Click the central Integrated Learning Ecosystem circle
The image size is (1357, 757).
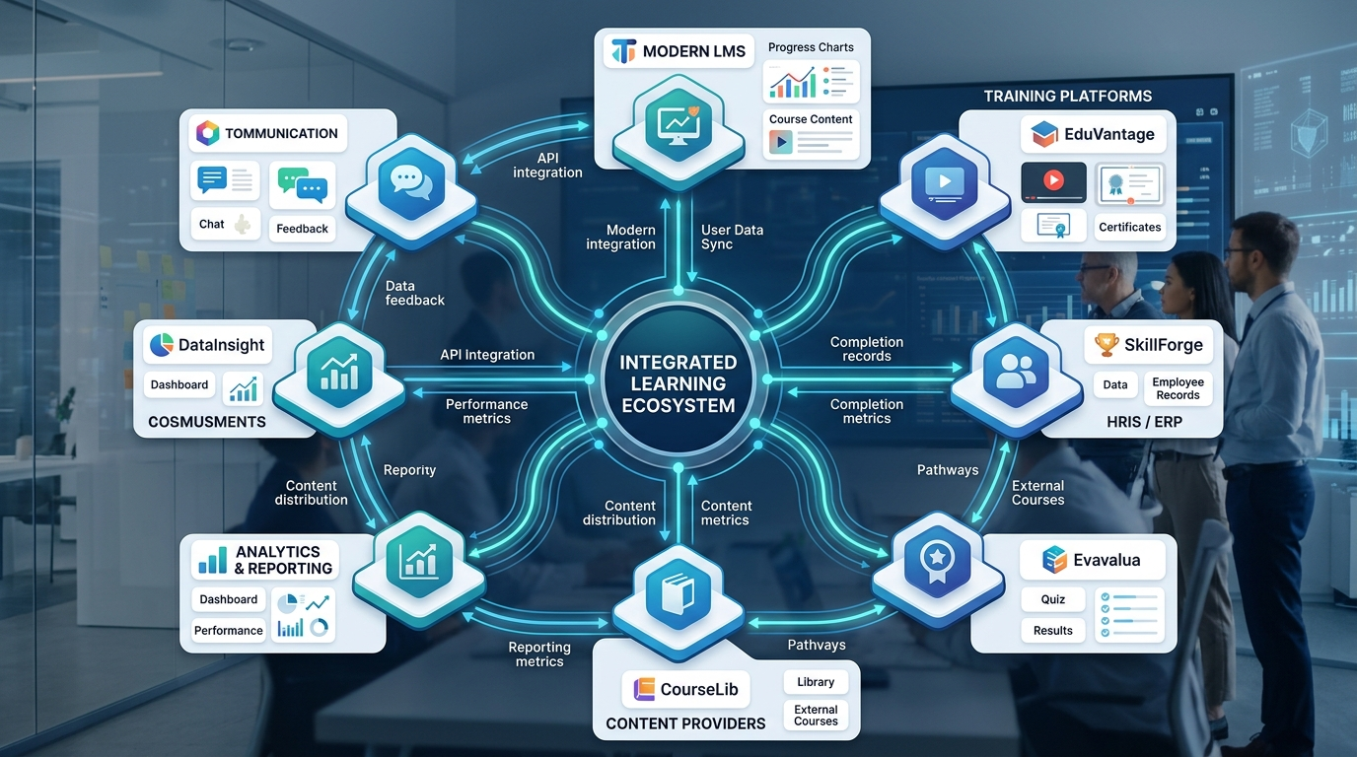tap(678, 383)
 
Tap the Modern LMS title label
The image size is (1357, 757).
tap(678, 51)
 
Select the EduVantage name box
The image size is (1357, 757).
tap(1094, 133)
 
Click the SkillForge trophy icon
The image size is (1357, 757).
tap(1106, 346)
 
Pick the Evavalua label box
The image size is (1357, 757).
tap(1092, 560)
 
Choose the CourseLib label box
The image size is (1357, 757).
tap(686, 688)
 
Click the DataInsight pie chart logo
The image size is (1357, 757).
tap(160, 345)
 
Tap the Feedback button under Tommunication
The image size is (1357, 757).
tap(302, 229)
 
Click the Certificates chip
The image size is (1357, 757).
tap(1129, 227)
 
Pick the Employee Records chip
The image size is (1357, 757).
tap(1178, 388)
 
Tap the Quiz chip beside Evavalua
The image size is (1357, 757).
tap(1052, 599)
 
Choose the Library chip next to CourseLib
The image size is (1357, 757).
tap(816, 682)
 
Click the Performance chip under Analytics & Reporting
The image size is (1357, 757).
tap(228, 631)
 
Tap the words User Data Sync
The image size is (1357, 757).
tap(732, 237)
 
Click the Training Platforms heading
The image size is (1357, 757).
tap(1067, 96)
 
